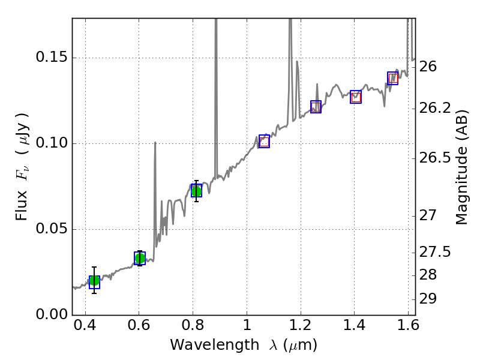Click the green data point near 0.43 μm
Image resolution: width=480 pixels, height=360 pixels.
tap(94, 281)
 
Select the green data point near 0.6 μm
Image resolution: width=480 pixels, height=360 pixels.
tap(140, 258)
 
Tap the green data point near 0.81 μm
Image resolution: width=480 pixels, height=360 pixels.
tap(196, 191)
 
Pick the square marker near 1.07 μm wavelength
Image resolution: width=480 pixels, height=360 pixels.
tap(264, 142)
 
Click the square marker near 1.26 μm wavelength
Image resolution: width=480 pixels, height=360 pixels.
tap(316, 107)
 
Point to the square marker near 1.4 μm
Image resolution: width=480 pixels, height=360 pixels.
tap(356, 97)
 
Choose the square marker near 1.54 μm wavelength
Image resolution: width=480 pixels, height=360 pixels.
tap(393, 78)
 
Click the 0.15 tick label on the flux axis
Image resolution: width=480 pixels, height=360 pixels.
tap(50, 58)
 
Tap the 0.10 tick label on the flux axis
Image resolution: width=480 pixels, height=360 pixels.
tap(50, 144)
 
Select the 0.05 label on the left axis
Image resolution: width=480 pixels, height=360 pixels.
tap(50, 230)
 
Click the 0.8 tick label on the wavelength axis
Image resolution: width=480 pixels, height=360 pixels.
tap(193, 329)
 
